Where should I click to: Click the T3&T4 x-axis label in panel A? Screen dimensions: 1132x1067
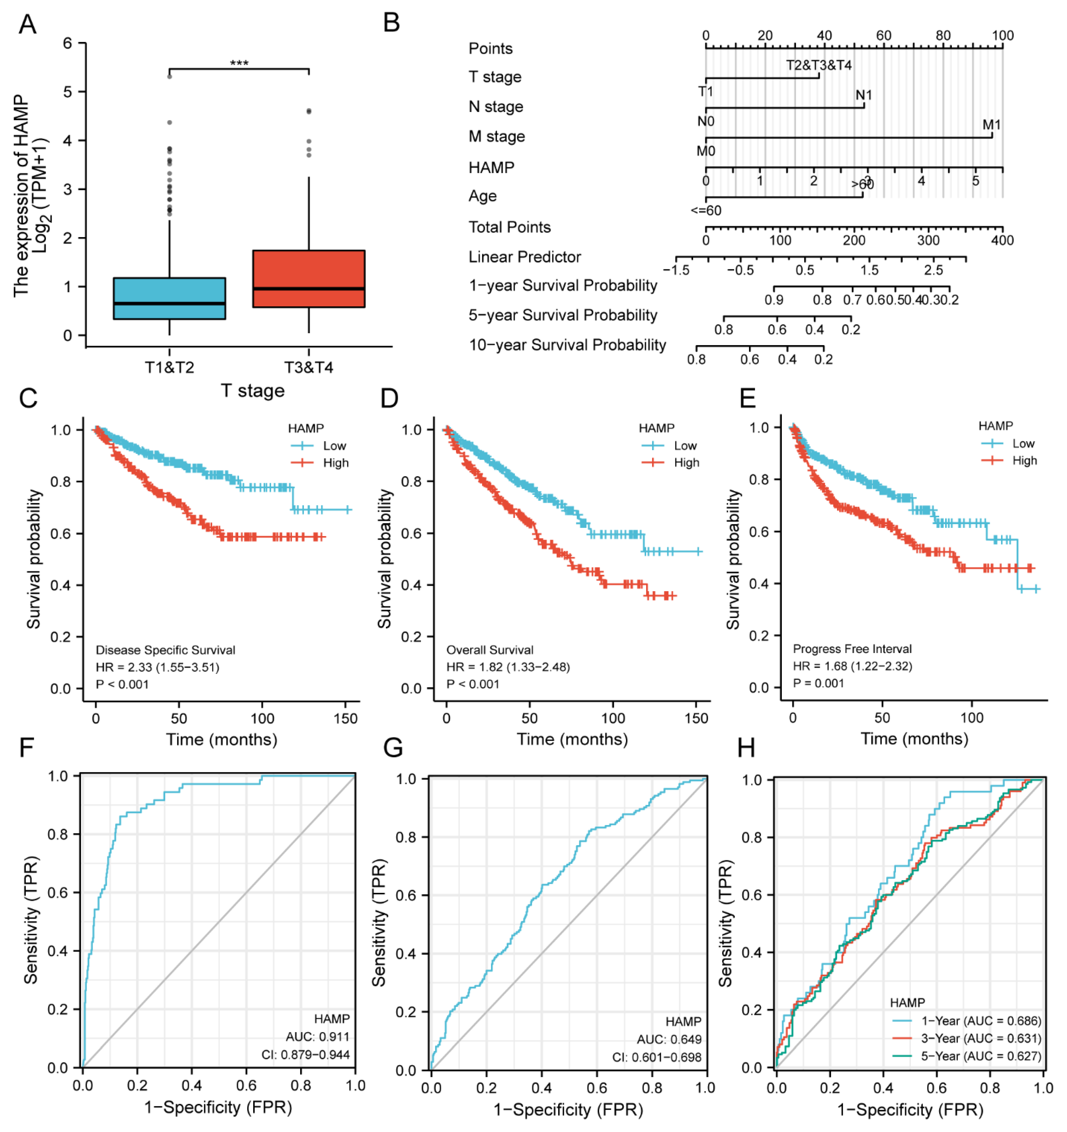click(x=309, y=367)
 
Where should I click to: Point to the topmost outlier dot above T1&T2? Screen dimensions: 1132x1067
click(x=170, y=76)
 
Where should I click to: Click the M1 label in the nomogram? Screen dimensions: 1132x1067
click(x=991, y=125)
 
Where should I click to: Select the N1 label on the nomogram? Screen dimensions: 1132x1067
click(x=864, y=94)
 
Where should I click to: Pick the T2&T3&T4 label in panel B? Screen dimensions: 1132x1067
click(x=819, y=65)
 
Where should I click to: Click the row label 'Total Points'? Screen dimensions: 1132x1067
click(x=510, y=227)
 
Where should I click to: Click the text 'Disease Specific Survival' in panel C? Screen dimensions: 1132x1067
click(x=165, y=650)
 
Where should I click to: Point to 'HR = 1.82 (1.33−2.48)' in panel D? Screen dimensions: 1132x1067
click(x=508, y=667)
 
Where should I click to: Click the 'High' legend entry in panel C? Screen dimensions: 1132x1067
click(x=335, y=463)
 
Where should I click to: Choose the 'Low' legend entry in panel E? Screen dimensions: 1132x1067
click(x=1023, y=444)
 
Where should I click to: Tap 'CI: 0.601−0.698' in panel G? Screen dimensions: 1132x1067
click(x=656, y=1057)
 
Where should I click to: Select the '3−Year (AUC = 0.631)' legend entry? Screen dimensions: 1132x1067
click(x=981, y=1038)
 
